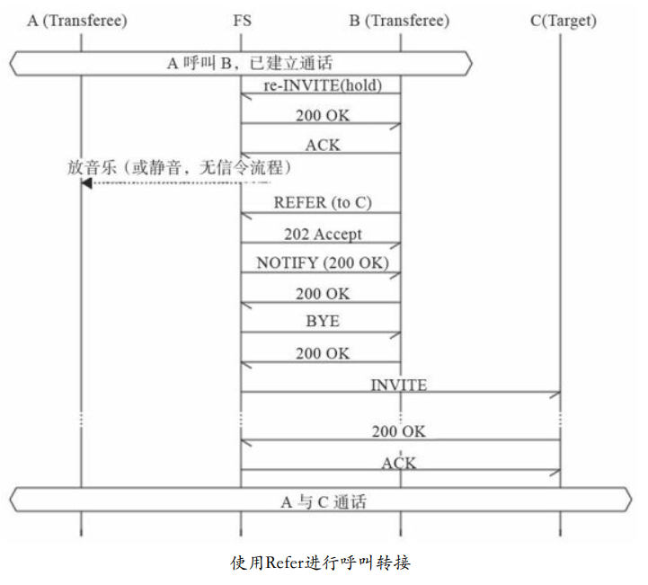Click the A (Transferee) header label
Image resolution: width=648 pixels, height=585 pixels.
(x=77, y=19)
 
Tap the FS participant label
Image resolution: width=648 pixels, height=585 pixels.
(x=240, y=19)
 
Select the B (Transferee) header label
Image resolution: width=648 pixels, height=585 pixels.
(x=401, y=19)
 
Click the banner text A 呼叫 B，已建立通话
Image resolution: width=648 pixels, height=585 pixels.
(x=241, y=62)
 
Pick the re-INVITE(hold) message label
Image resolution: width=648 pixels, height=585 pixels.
(x=323, y=86)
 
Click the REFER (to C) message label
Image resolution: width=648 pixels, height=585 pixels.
(x=323, y=203)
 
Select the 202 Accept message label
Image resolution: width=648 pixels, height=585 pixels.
(x=323, y=234)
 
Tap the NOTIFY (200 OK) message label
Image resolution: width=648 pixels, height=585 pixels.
(x=322, y=263)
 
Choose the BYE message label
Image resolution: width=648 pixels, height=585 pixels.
(x=323, y=321)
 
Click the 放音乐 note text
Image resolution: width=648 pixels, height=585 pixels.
(x=180, y=167)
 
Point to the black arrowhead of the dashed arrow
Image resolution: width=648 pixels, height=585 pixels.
(x=86, y=183)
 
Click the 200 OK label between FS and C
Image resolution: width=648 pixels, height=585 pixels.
(x=399, y=431)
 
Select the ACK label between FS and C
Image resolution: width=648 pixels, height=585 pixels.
(x=399, y=462)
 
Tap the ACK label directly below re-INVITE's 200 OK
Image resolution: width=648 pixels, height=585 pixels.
(x=323, y=144)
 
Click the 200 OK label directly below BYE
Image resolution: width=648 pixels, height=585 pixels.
(x=323, y=353)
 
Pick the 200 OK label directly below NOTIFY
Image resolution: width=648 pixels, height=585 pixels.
(x=323, y=294)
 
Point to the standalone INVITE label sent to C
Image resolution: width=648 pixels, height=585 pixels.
(x=399, y=385)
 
